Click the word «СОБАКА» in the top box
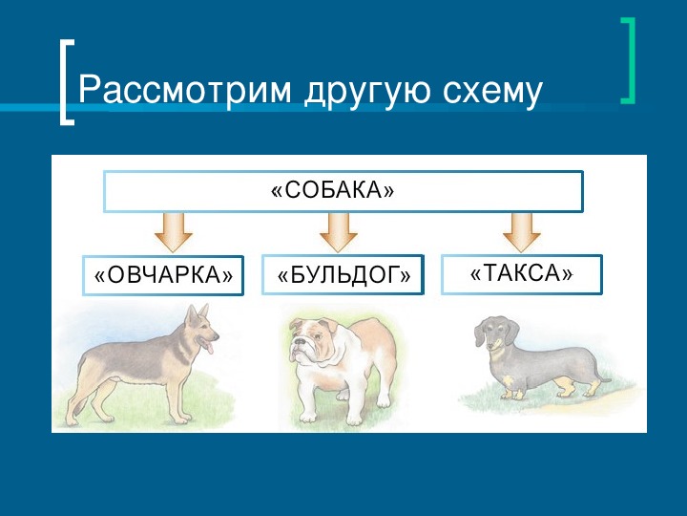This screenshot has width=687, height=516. point(333,190)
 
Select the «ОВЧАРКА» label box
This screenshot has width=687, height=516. point(163,275)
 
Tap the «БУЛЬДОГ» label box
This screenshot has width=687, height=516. point(343,275)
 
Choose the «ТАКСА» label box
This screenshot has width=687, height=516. point(521,274)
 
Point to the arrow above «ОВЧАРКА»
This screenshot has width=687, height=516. point(174,232)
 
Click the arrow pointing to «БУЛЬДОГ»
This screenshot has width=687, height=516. point(338,232)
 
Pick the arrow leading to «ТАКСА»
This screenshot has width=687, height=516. point(521,232)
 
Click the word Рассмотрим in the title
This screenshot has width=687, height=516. point(184,91)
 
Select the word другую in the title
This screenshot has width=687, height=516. point(367,91)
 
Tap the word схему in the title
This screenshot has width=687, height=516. point(493,91)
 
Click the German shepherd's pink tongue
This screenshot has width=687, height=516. point(210,348)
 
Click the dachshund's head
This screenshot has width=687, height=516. point(495,333)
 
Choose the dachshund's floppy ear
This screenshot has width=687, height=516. point(511,332)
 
